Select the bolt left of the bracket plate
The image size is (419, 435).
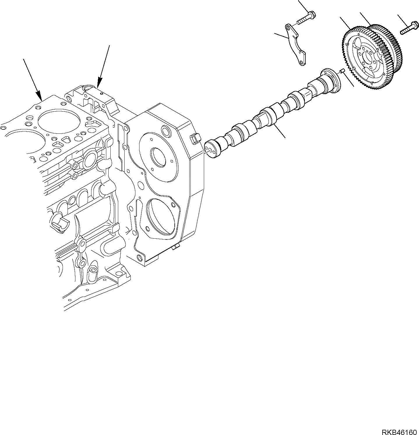(306, 17)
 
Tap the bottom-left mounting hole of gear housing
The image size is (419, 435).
(140, 258)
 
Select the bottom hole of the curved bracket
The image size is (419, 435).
(301, 62)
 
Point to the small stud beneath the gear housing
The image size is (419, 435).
(175, 248)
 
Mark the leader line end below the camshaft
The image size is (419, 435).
(285, 137)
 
